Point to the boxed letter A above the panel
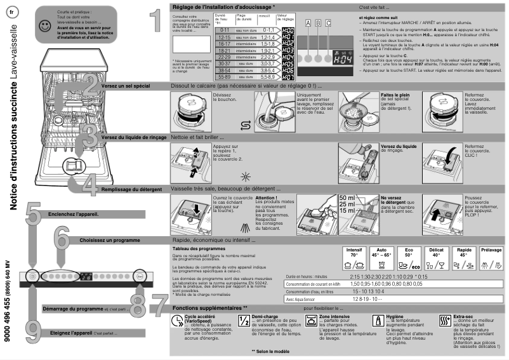tap(308, 23)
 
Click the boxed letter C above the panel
tap(328, 23)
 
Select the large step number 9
tap(35, 331)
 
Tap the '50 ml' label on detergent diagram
tap(347, 198)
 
